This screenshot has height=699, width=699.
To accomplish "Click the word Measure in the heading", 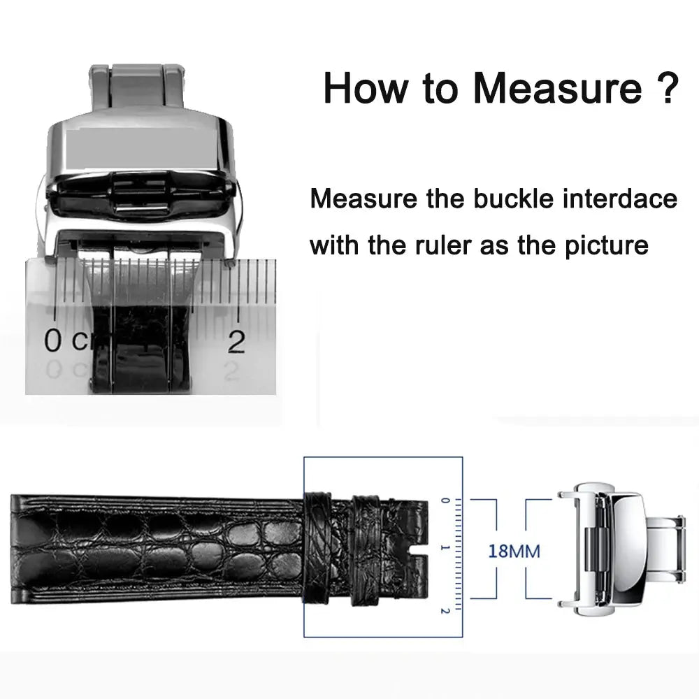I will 556,89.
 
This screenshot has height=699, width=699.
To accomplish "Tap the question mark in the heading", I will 666,89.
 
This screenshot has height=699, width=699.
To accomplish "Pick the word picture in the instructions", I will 607,245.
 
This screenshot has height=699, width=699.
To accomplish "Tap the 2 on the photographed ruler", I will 237,342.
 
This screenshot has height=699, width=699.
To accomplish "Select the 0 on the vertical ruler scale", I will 444,501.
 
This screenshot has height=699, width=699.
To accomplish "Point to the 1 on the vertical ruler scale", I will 444,549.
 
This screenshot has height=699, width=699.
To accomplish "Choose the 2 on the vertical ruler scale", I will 444,610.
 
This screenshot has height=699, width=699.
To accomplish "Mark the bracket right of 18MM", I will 538,549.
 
